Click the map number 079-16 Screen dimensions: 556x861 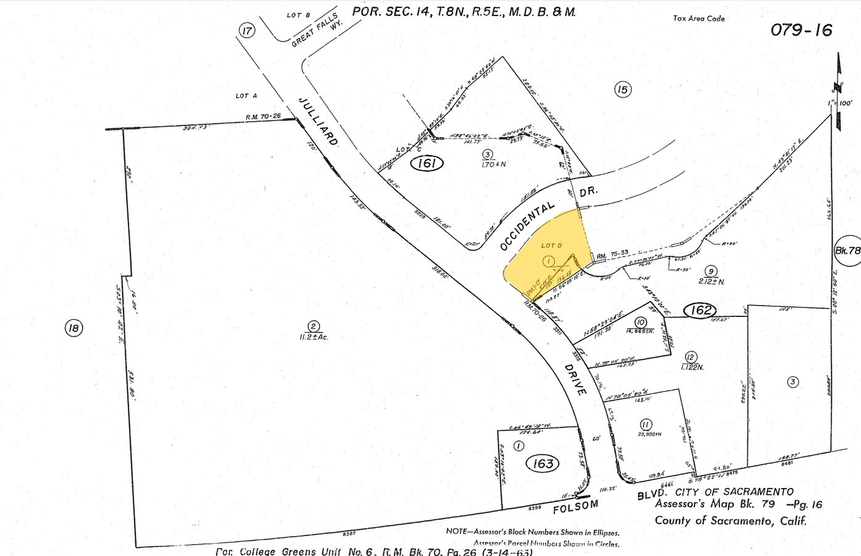tap(801, 30)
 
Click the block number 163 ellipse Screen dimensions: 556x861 tap(543, 463)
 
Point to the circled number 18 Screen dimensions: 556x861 tap(73, 327)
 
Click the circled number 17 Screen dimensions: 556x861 tap(247, 31)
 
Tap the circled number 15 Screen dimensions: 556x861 tap(622, 90)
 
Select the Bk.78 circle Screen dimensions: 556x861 tap(847, 250)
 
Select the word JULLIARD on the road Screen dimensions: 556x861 tap(319, 121)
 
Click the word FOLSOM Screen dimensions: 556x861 tap(575, 506)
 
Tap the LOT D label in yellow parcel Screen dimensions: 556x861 tap(551, 246)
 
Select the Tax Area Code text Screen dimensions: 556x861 tap(699, 19)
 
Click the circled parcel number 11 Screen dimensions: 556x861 tap(646, 424)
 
